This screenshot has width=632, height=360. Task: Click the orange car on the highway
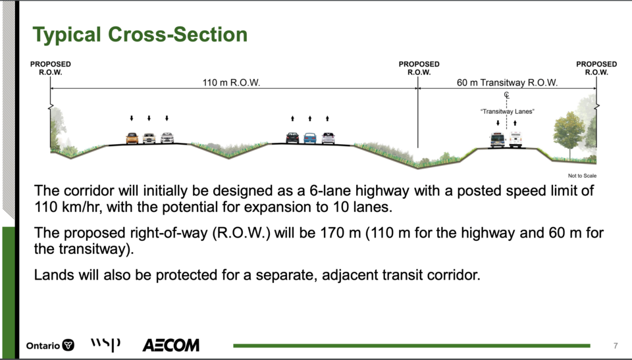tap(132, 138)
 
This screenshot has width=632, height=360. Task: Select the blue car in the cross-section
tap(310, 138)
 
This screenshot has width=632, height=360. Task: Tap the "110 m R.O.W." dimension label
tap(231, 83)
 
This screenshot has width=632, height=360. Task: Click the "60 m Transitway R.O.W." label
tap(507, 83)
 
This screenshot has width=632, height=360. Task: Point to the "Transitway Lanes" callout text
tap(507, 112)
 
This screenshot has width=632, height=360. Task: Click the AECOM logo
tap(171, 345)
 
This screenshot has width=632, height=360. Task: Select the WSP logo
tap(105, 344)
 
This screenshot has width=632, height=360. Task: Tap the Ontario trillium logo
tap(68, 346)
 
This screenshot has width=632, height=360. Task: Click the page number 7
tap(616, 346)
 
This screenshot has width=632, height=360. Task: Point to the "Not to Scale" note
tap(582, 176)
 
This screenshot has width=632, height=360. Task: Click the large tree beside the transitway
tap(569, 133)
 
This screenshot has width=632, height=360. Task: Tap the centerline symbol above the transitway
tap(507, 95)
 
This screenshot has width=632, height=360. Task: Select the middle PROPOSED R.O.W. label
tap(419, 68)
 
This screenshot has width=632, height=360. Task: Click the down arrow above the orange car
tap(132, 118)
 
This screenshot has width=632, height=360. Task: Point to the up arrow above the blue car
tap(310, 118)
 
